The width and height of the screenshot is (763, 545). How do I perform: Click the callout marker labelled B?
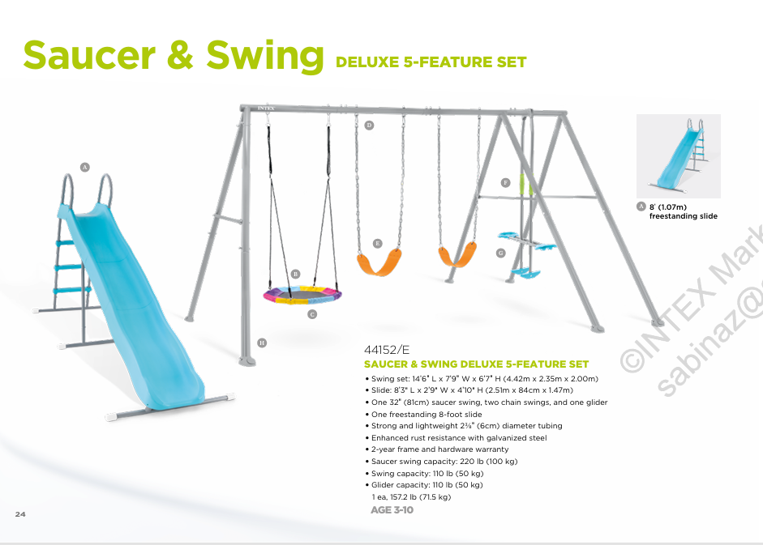coord(295,275)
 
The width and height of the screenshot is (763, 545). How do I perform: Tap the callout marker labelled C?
coord(312,314)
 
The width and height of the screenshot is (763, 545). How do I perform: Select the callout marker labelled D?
coord(369,126)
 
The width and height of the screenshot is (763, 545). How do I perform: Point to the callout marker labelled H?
coord(262,343)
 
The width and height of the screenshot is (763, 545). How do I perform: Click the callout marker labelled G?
coord(501,253)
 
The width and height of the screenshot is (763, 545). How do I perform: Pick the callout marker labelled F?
coord(506,183)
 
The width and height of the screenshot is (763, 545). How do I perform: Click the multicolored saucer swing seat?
coord(302,295)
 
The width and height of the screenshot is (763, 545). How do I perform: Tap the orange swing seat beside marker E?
coord(379,262)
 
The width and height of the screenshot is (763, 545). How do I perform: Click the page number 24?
coord(20,514)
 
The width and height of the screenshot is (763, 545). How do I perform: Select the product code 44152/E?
coord(387,350)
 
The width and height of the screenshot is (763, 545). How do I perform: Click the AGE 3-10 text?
coord(392,510)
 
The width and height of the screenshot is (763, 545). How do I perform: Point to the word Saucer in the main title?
coord(89,55)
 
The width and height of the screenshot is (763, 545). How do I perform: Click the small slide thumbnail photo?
coord(679,156)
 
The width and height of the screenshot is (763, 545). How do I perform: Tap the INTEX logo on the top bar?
coord(266,109)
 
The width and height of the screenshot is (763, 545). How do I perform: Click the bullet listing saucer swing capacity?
coord(441,462)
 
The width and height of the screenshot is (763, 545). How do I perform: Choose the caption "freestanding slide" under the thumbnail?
coord(684,216)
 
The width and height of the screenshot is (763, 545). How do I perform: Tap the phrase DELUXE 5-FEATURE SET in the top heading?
coord(431,62)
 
